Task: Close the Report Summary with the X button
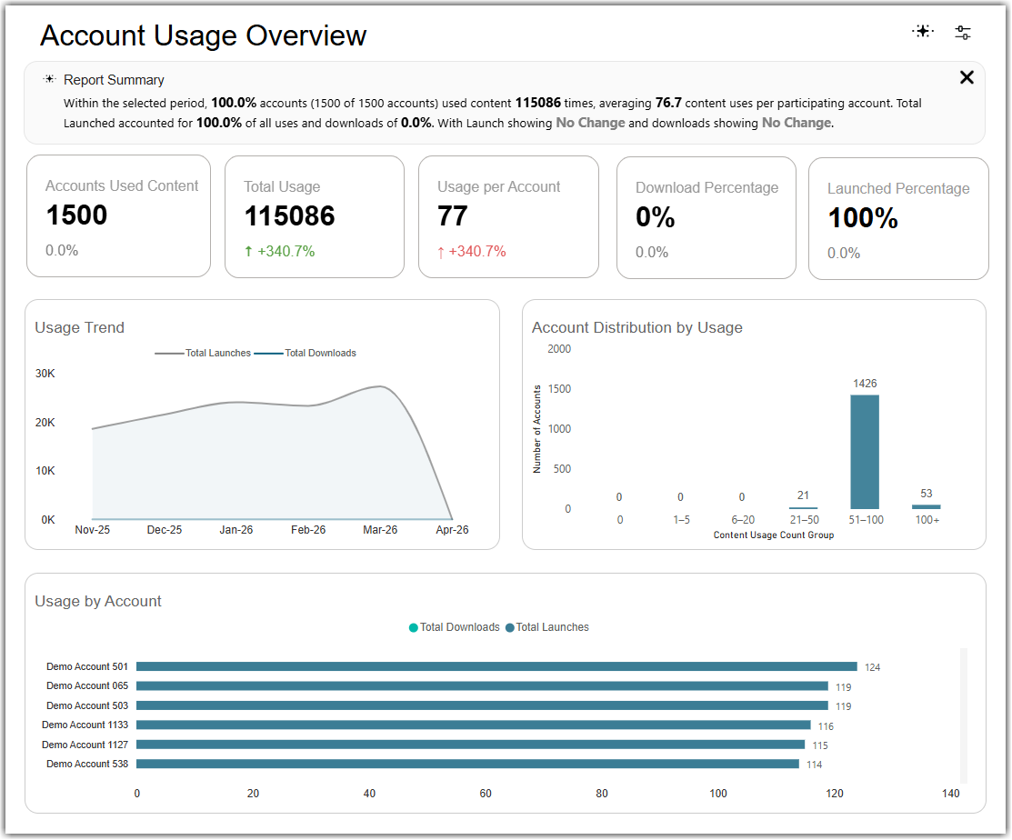[967, 77]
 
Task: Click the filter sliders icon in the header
[962, 32]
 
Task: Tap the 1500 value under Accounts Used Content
[76, 215]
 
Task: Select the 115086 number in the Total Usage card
[290, 216]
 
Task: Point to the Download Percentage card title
[706, 188]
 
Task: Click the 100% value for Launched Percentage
[863, 218]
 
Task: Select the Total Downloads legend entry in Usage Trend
[306, 353]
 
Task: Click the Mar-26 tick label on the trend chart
[380, 530]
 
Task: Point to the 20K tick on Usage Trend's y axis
[45, 423]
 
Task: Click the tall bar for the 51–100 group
[864, 452]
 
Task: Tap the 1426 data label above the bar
[865, 384]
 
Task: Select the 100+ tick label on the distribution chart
[927, 520]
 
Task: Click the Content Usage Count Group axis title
[773, 535]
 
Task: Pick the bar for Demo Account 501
[497, 666]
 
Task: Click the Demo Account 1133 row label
[85, 725]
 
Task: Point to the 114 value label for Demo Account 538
[814, 765]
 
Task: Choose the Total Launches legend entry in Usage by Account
[547, 627]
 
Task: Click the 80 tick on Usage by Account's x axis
[602, 794]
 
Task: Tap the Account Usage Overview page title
[204, 35]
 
